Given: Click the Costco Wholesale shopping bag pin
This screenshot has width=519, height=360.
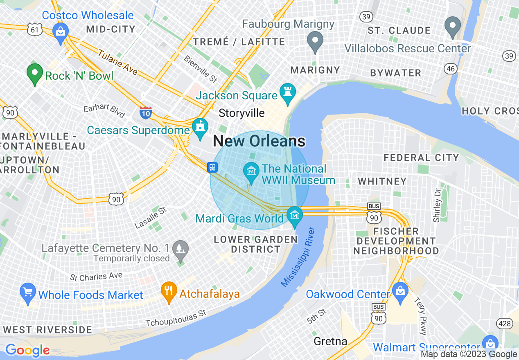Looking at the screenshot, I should (x=61, y=32).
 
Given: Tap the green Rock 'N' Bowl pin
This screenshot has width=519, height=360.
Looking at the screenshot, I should (x=35, y=74).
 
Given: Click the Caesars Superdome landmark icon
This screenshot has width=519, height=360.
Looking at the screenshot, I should (x=200, y=127).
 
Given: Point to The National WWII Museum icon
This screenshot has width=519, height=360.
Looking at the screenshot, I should (x=251, y=169).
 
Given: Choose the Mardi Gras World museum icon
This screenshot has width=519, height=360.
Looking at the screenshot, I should (x=294, y=215).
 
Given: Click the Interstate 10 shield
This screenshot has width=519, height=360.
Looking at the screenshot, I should (x=146, y=112).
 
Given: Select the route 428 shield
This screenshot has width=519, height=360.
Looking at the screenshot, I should (x=505, y=324).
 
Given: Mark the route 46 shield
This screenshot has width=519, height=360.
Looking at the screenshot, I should (x=451, y=68).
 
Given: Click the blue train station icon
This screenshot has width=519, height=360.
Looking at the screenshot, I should (x=212, y=167).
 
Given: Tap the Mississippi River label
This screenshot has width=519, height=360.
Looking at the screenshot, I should (x=298, y=256).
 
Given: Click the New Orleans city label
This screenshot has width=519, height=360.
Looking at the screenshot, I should (x=259, y=141).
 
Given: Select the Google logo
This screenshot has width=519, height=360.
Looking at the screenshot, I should (x=27, y=350).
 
